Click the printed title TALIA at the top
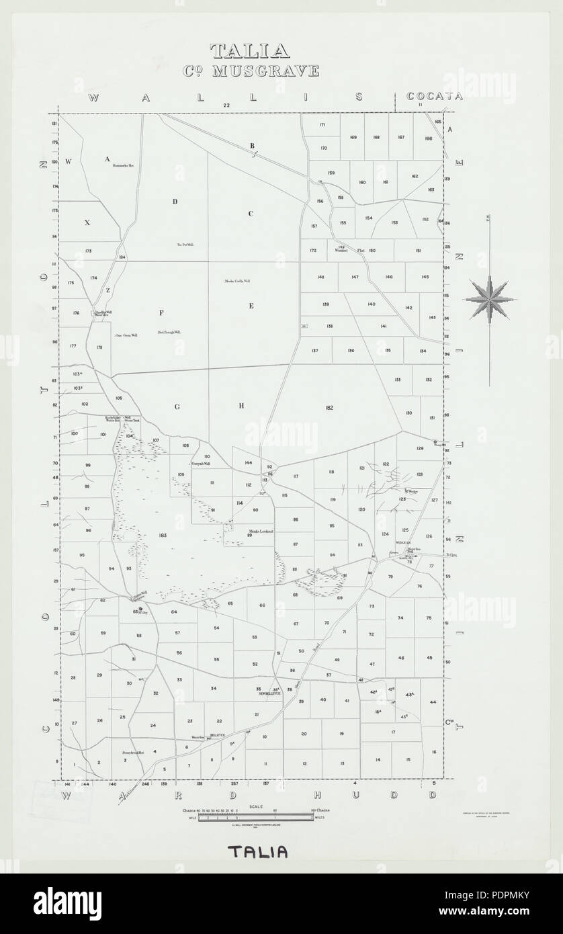point(250,51)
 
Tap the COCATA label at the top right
point(435,96)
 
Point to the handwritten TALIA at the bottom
point(258,853)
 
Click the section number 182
point(329,408)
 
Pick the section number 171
point(322,126)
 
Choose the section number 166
point(428,138)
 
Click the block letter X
point(87,222)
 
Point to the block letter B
point(253,146)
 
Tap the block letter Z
point(107,290)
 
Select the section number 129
point(421,448)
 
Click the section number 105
point(118,398)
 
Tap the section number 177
point(73,345)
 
